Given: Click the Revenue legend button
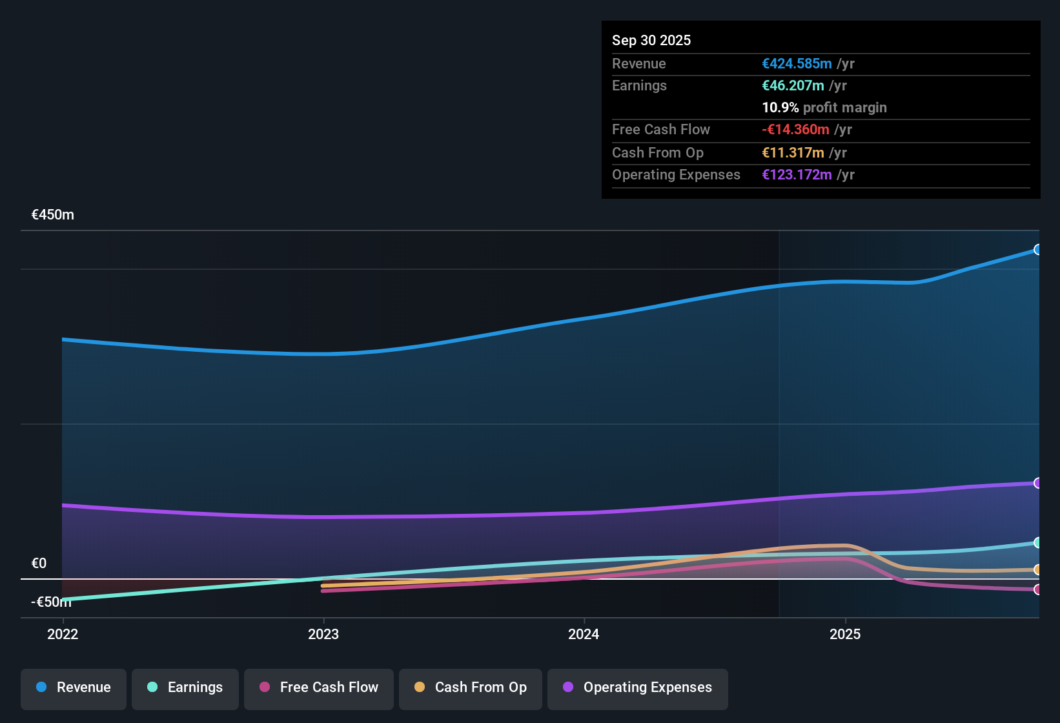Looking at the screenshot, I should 74,687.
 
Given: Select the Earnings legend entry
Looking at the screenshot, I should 185,687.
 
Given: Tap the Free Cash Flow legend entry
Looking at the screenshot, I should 319,687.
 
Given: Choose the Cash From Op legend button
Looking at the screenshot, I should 471,687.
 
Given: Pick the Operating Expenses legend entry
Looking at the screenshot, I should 638,687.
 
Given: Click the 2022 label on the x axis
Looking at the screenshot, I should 63,634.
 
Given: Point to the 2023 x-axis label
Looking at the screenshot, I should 323,634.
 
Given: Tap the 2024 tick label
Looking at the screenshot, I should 584,634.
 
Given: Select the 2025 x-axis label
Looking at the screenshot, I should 845,634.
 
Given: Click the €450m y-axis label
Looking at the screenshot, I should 53,215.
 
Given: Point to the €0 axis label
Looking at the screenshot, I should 39,563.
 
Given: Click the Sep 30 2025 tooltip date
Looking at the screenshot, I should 651,40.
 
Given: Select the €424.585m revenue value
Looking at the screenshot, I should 797,63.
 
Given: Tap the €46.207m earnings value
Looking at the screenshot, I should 793,85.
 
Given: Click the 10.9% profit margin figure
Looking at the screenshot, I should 780,107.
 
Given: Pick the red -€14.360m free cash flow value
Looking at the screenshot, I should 795,129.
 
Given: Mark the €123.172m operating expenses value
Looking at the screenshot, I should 797,174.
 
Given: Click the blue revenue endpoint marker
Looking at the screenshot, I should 1037,250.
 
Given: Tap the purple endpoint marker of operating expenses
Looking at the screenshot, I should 1037,483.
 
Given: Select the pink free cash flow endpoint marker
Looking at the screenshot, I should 1037,589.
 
